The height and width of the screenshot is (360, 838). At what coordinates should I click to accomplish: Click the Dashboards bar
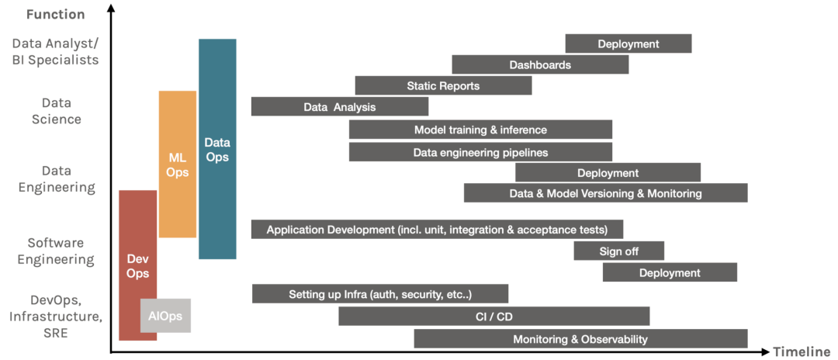540,64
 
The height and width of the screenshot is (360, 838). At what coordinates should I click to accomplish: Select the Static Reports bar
443,85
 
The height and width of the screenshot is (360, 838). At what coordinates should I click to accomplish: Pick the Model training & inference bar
480,130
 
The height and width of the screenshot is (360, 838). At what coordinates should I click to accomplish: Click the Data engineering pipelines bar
480,152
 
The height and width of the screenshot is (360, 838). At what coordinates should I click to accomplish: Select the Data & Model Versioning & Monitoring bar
605,193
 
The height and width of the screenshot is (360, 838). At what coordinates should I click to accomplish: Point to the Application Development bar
437,230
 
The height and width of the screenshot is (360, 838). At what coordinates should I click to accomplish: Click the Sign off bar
618,251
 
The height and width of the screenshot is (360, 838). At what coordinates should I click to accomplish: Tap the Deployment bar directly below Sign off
670,272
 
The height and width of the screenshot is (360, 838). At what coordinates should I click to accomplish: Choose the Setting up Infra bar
380,294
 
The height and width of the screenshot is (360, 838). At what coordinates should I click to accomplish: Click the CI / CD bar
493,317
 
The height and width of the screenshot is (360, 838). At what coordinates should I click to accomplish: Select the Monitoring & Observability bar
580,339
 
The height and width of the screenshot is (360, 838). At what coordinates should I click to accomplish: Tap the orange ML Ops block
178,164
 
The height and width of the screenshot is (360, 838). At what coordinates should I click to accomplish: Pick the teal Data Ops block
217,148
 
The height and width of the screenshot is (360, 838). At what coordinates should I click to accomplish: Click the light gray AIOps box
165,316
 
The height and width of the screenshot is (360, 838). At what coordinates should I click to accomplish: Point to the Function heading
55,14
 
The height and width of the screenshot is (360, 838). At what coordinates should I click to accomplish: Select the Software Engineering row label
56,251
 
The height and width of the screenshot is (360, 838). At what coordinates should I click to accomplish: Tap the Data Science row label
57,111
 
